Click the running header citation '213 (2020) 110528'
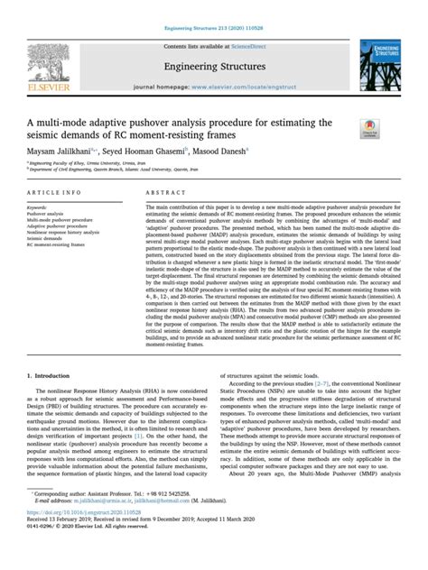point(238,7)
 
